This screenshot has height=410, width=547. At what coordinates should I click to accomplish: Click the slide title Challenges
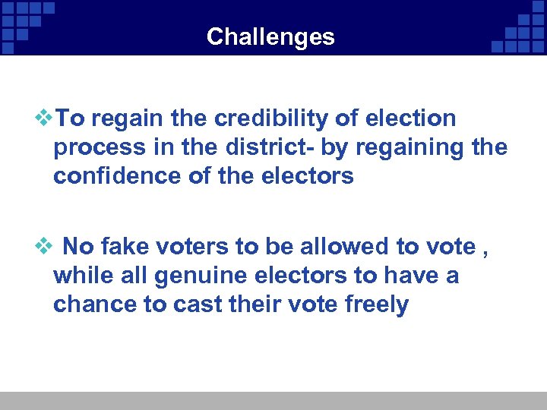click(x=270, y=36)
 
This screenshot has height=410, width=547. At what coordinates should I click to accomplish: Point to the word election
click(x=410, y=118)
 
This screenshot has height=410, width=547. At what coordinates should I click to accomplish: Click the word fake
click(x=126, y=247)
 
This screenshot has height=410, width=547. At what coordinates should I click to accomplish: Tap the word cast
click(x=196, y=304)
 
